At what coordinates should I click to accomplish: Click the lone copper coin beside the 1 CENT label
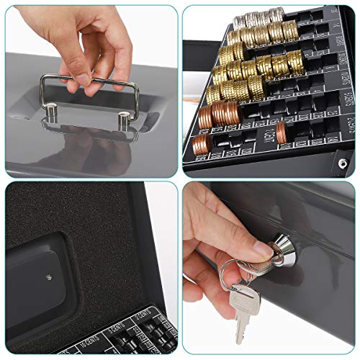[x=281, y=130]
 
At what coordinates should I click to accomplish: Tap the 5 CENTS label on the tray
[x=119, y=326]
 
